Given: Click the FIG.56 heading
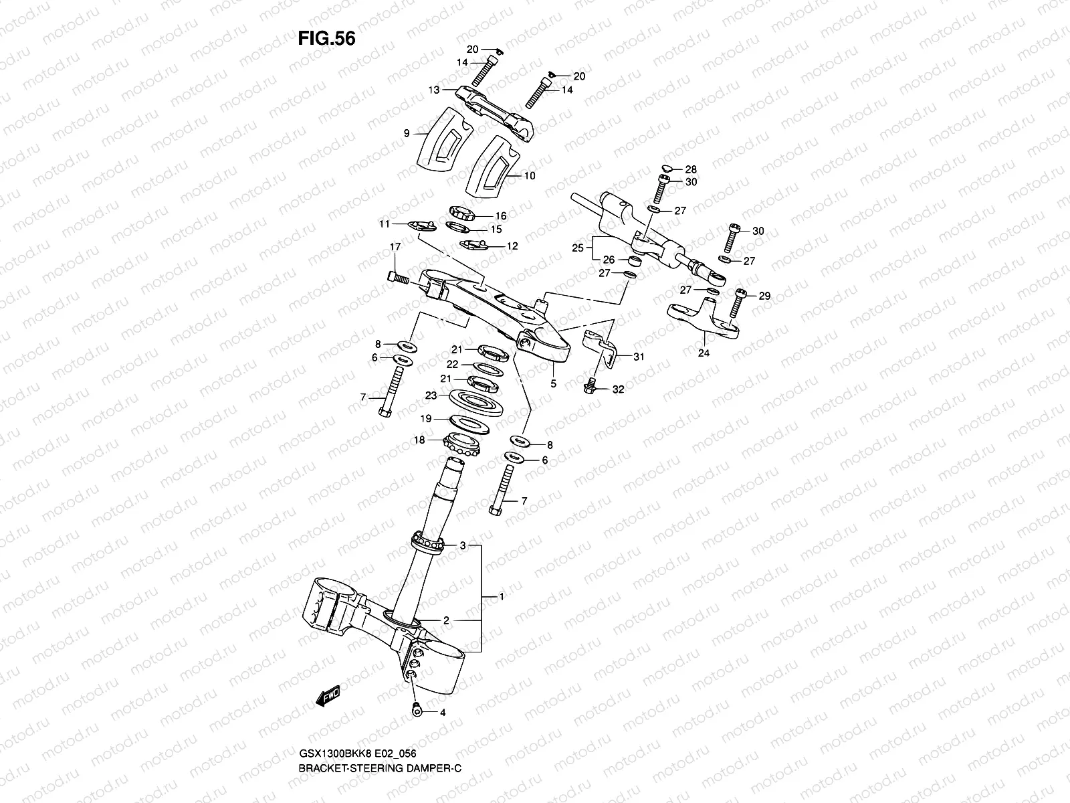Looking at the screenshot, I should click(326, 39).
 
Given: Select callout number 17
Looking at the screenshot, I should click(395, 248).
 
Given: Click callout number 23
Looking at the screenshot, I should click(431, 395).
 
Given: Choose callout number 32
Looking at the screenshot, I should click(618, 389).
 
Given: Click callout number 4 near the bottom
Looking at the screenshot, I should click(442, 713).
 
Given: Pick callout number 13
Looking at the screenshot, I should click(434, 89).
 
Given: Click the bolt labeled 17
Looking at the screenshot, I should click(397, 276).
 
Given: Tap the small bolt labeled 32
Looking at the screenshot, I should click(591, 386).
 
